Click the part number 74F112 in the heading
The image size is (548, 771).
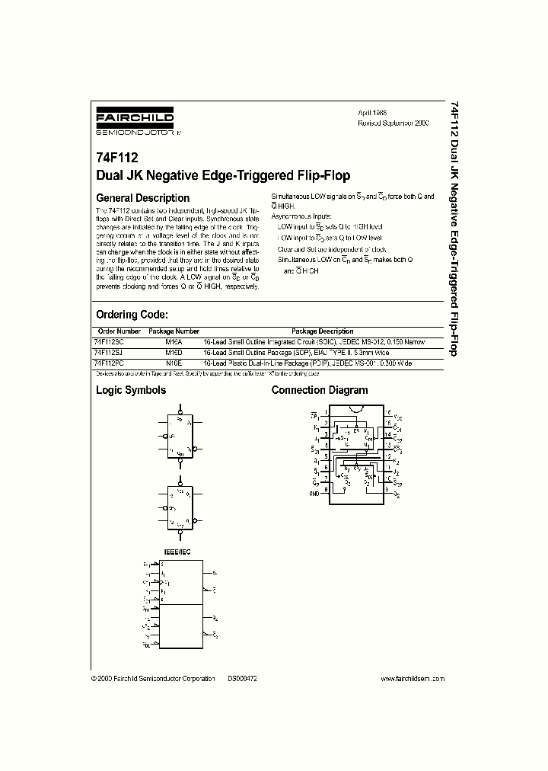pos(112,159)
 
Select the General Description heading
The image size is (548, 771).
pos(142,197)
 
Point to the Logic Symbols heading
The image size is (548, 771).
pos(130,390)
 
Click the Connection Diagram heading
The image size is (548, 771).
pos(320,390)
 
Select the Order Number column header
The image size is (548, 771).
pos(119,331)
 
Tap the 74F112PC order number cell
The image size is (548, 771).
pos(111,364)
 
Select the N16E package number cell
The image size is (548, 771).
pos(174,364)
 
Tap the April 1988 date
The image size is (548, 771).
pos(373,112)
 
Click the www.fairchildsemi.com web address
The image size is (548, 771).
pos(412,679)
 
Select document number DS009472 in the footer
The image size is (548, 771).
pos(243,679)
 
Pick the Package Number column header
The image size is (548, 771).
pos(174,331)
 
